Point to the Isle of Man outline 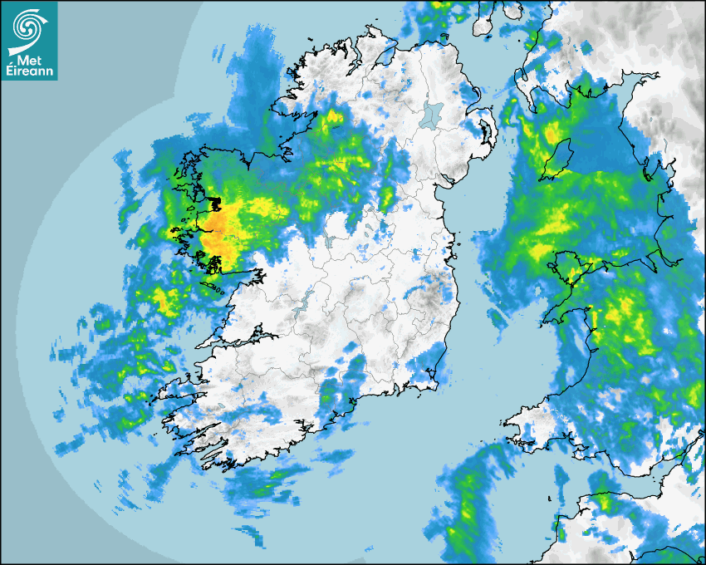click(x=558, y=159)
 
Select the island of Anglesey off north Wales click(x=574, y=267)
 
